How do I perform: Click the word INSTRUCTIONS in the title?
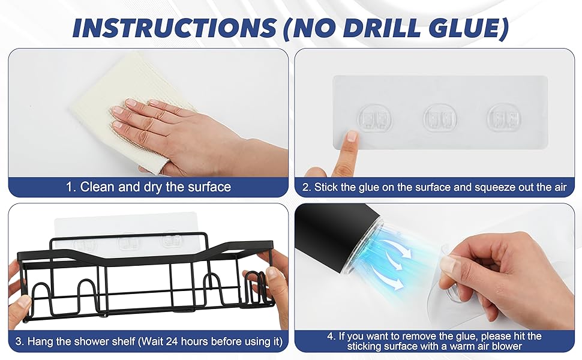coord(175,27)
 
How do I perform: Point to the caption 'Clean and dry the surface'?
coord(155,187)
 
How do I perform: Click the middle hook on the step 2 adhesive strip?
coord(440,119)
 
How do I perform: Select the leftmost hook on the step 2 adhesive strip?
coord(374,119)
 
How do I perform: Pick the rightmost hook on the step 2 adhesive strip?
coord(504,118)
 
